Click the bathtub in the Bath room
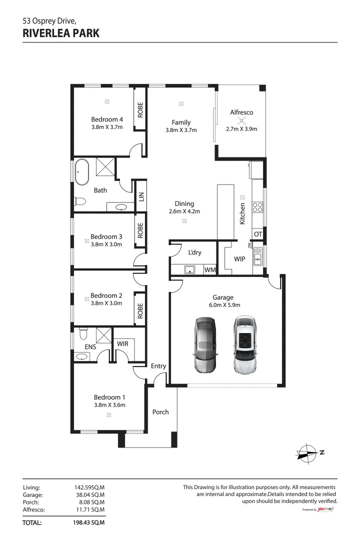point(81,172)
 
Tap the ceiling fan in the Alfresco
point(241,121)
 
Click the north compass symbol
point(306,452)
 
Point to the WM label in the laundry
point(210,270)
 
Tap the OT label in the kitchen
point(258,234)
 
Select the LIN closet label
point(141,197)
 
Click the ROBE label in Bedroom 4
point(140,109)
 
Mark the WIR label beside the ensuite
point(122,344)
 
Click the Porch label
point(160,412)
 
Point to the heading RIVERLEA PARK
point(61,33)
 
